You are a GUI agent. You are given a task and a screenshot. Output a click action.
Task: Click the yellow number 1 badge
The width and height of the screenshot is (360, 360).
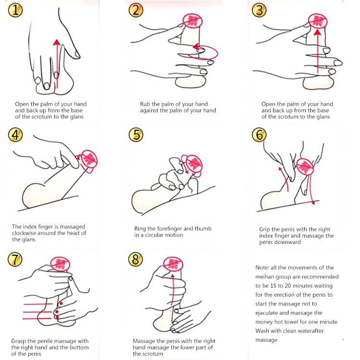tap(15, 11)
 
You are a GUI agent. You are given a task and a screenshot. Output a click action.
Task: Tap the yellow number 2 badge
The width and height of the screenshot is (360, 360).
tap(136, 11)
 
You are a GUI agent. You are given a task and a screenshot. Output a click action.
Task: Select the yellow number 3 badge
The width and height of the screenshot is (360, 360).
tap(259, 11)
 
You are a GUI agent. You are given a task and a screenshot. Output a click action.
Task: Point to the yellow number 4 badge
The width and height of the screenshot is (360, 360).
tap(15, 135)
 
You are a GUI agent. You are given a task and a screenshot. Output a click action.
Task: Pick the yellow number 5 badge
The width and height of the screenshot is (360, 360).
tap(136, 135)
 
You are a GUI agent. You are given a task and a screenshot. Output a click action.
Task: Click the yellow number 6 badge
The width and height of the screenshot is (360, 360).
tap(259, 135)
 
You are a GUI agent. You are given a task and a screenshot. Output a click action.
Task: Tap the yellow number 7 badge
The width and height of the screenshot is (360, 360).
tap(15, 259)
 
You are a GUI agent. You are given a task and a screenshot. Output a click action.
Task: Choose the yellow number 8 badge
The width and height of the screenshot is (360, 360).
tap(135, 259)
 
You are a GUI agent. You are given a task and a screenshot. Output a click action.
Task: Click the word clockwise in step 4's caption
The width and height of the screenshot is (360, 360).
tap(24, 233)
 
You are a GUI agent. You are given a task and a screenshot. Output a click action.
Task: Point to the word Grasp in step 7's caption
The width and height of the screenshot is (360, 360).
tap(19, 341)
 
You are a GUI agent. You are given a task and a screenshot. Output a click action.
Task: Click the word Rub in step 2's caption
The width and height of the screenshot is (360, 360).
tap(145, 104)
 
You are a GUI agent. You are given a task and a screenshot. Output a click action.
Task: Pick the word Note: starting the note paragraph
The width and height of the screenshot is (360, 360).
tap(262, 268)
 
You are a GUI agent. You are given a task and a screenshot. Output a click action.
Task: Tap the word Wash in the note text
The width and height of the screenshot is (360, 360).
tap(262, 331)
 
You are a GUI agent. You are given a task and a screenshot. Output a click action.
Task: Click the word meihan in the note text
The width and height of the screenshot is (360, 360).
tap(264, 277)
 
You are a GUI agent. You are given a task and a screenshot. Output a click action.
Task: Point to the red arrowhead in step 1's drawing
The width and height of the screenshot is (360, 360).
tap(57, 42)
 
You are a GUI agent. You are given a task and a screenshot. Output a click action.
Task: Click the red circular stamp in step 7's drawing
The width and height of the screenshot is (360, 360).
tap(60, 264)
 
